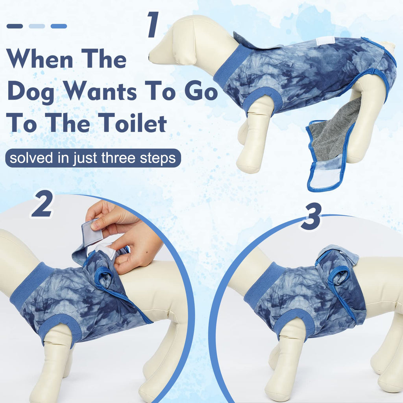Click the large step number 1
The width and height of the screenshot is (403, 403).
pyautogui.click(x=153, y=24)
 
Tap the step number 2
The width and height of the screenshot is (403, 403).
pyautogui.click(x=43, y=203)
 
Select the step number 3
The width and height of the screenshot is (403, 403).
pyautogui.click(x=311, y=216)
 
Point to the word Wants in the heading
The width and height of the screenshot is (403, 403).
pyautogui.click(x=100, y=91)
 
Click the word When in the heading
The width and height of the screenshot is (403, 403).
pyautogui.click(x=40, y=59)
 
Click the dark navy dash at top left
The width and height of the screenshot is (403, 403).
pyautogui.click(x=15, y=26)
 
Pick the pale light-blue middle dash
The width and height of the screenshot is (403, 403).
pyautogui.click(x=37, y=26)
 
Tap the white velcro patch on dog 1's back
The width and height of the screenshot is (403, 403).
pyautogui.click(x=325, y=41)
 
